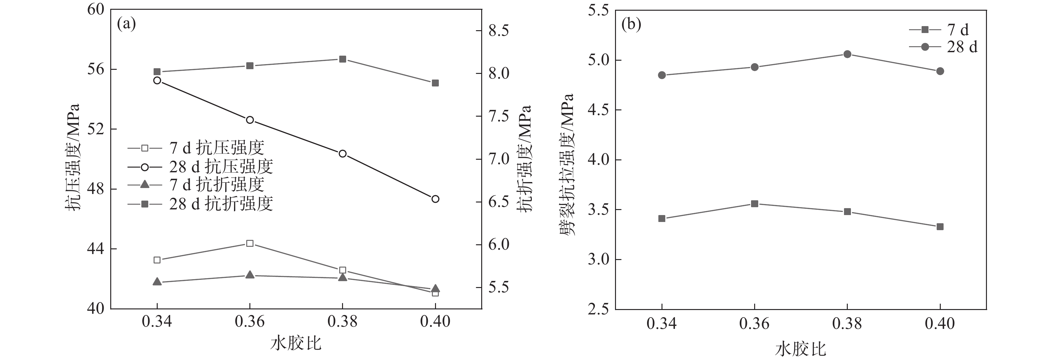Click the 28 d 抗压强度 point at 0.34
pyautogui.click(x=157, y=80)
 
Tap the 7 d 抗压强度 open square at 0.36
pyautogui.click(x=250, y=244)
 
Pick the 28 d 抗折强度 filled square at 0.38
pyautogui.click(x=343, y=59)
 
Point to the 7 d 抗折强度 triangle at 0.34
pyautogui.click(x=157, y=282)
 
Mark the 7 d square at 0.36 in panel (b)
pyautogui.click(x=755, y=204)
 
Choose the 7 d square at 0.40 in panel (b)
pyautogui.click(x=940, y=226)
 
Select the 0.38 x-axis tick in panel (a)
pyautogui.click(x=343, y=322)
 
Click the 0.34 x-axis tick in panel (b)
pyautogui.click(x=662, y=324)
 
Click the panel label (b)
pyautogui.click(x=631, y=25)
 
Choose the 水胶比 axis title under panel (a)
pyautogui.click(x=296, y=343)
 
